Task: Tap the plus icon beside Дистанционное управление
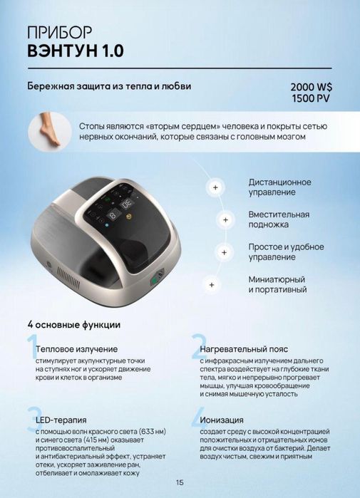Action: (214, 187)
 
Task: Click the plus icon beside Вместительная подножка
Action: (225, 219)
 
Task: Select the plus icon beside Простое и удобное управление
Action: (224, 252)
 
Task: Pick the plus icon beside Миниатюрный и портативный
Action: (211, 284)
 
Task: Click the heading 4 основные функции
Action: (73, 324)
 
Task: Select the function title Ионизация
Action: (222, 420)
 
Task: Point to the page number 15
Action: (180, 482)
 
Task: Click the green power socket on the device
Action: (153, 281)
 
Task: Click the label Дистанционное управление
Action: (280, 187)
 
